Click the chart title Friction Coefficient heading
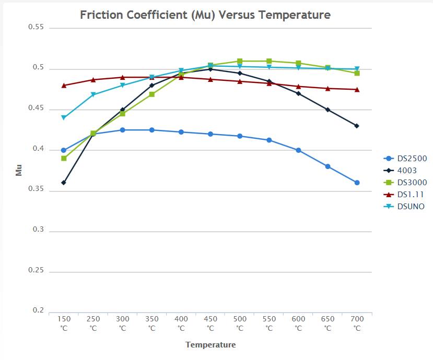click(205, 15)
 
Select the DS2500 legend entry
click(410, 159)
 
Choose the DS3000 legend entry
click(410, 183)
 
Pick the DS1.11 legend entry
click(409, 195)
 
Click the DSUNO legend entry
click(409, 207)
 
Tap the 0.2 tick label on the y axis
click(38, 310)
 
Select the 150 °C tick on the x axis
click(64, 323)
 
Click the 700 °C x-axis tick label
click(357, 323)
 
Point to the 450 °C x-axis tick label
click(210, 323)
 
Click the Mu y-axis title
click(19, 170)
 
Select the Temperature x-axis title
click(210, 345)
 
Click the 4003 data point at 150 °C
click(64, 183)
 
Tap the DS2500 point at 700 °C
click(357, 183)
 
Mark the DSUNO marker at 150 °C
click(64, 118)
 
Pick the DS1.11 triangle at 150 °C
click(64, 85)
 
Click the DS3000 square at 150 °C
click(64, 158)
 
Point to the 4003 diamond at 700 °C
click(357, 126)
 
